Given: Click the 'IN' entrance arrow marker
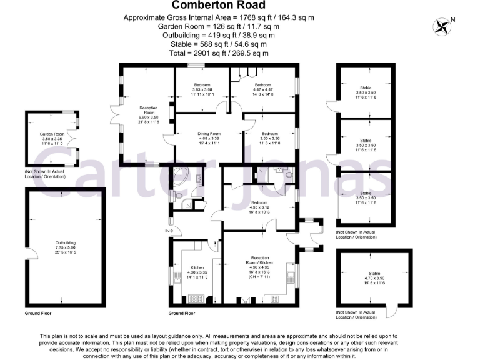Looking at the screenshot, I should [167, 231].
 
